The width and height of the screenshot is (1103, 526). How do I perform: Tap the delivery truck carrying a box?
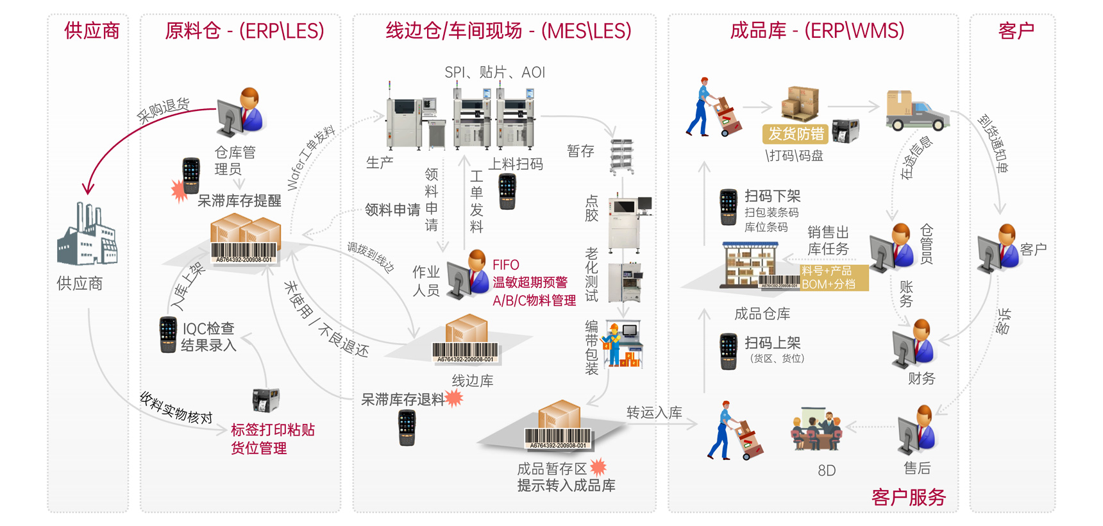coord(916,110)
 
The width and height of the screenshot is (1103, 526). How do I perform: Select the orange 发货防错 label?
coord(796,133)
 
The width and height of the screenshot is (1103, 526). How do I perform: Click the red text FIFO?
coord(505,265)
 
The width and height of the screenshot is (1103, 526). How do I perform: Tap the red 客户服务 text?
coord(908,497)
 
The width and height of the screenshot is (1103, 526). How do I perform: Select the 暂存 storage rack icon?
coord(621,157)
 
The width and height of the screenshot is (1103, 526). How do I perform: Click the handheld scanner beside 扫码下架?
coord(728,207)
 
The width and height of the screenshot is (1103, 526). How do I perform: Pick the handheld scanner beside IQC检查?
coord(168,334)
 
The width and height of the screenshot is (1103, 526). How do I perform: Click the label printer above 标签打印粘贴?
coord(265,399)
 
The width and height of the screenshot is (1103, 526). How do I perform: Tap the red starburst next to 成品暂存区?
coord(598,466)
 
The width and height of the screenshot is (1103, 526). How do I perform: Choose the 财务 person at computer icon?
coord(914,344)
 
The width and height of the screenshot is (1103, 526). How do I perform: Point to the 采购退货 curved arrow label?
coord(163,110)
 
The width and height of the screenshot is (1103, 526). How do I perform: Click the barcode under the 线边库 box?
coord(466,352)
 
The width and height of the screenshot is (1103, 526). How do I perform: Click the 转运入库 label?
coord(654,412)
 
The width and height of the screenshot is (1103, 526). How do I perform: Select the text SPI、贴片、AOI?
coord(494,72)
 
